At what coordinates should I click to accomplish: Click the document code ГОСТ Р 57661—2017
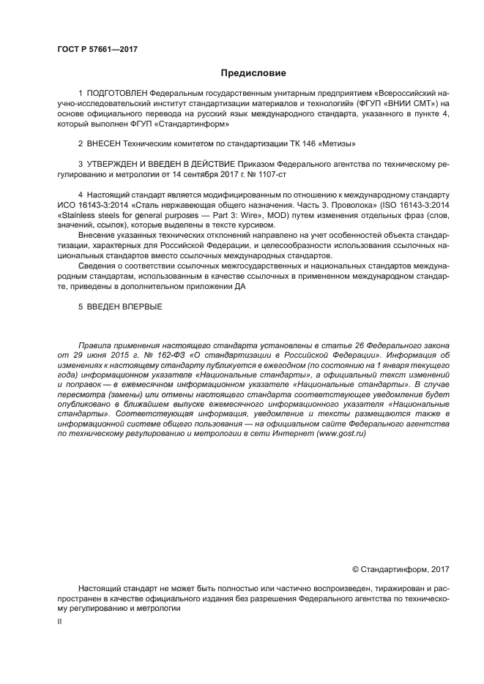[x=97, y=50]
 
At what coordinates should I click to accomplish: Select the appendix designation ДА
[x=245, y=286]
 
